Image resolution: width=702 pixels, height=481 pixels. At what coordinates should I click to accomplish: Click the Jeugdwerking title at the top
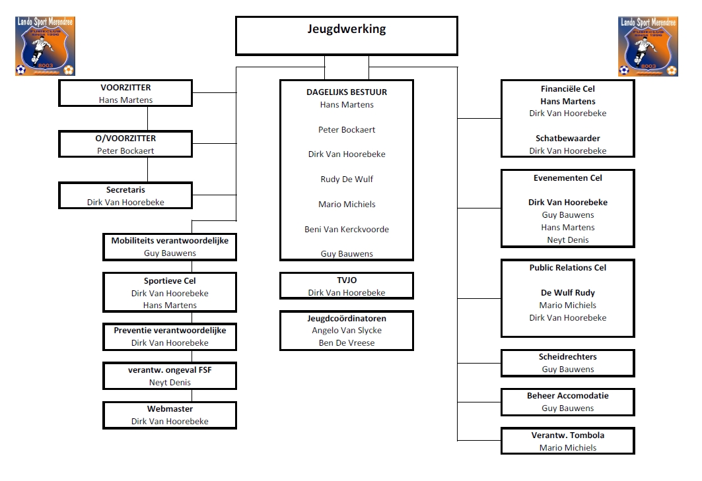point(347,29)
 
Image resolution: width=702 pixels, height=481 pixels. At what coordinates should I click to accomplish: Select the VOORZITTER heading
point(125,88)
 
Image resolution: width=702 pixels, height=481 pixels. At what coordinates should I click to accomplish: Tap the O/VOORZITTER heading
point(125,139)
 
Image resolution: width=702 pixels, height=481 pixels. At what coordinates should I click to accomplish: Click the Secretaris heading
point(125,190)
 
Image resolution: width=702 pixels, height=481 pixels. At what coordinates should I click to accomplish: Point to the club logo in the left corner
point(45,46)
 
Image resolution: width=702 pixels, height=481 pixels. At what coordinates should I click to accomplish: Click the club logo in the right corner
point(648,47)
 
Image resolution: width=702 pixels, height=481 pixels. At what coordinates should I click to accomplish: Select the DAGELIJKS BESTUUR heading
point(347,92)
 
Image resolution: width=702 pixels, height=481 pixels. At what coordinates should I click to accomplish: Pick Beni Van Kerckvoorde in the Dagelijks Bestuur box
point(347,229)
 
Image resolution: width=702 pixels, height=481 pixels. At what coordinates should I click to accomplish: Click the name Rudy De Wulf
point(347,179)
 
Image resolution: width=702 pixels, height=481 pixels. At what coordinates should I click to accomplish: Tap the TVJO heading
point(347,280)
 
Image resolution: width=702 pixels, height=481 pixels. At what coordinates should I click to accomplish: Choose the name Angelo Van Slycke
point(347,330)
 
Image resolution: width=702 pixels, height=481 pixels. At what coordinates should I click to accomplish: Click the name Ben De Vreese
point(347,342)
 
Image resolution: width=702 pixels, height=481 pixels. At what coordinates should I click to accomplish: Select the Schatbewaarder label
point(568,139)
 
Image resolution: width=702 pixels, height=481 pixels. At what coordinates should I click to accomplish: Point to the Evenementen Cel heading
point(568,177)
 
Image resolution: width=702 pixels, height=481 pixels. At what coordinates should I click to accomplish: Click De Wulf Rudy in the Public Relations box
point(568,293)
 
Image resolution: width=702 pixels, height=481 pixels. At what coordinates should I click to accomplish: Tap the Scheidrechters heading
point(568,356)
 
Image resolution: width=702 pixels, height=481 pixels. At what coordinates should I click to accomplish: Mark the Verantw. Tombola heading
point(568,435)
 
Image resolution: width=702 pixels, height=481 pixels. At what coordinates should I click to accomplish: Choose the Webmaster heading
point(170,408)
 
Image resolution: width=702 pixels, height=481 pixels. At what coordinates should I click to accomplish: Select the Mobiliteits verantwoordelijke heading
point(170,240)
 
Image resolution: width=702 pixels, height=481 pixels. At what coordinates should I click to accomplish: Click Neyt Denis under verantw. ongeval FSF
point(170,382)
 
